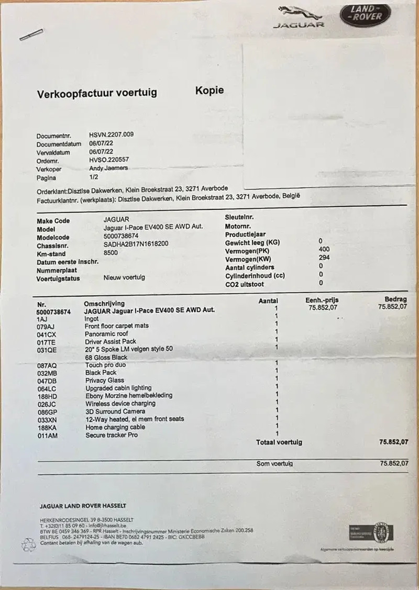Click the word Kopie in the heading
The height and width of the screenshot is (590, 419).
tap(210, 90)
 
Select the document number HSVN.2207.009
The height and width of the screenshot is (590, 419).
tap(112, 135)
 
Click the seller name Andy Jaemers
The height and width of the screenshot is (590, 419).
tap(108, 169)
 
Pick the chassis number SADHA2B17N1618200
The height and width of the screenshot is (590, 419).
tap(136, 244)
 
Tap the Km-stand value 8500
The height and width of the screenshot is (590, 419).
tap(111, 253)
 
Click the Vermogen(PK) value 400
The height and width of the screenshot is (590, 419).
tap(324, 250)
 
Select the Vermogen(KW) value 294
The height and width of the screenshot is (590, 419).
tap(324, 258)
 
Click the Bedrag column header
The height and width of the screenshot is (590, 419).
tap(395, 299)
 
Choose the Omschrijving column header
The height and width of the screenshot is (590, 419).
tap(104, 303)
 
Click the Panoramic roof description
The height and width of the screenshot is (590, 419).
tap(106, 333)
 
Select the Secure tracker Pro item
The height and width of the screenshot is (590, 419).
tap(111, 435)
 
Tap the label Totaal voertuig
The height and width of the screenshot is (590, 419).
tap(279, 442)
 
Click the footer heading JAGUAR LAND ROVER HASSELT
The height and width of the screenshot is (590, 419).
tap(83, 506)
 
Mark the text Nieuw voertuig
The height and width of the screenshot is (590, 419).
tap(124, 277)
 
